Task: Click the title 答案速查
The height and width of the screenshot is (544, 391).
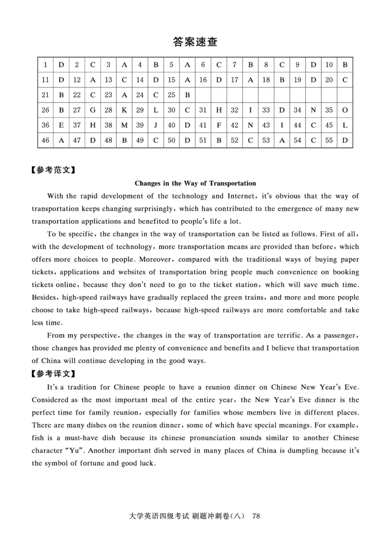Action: pyautogui.click(x=195, y=42)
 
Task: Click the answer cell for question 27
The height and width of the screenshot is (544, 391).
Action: pyautogui.click(x=93, y=110)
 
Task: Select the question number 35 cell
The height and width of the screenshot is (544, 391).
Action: pyautogui.click(x=329, y=110)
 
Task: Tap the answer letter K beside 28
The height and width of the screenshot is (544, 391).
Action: pyautogui.click(x=124, y=110)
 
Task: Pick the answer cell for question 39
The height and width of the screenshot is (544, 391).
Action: pyautogui.click(x=155, y=126)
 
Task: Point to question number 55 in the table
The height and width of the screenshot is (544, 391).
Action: pyautogui.click(x=329, y=141)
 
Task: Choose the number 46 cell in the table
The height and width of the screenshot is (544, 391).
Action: pyautogui.click(x=46, y=141)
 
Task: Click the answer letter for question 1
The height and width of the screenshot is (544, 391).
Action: pyautogui.click(x=61, y=65)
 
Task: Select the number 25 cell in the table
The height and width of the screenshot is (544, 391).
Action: pyautogui.click(x=171, y=95)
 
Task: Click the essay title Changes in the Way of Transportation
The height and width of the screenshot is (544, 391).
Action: pyautogui.click(x=195, y=184)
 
